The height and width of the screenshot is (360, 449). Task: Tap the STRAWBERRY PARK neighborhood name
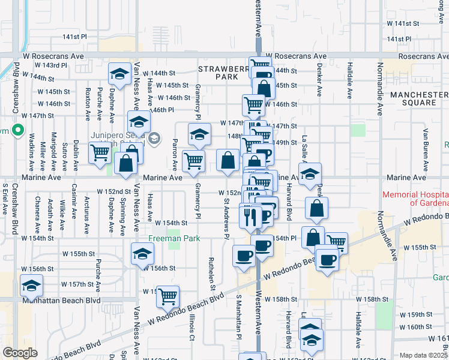(x=221, y=73)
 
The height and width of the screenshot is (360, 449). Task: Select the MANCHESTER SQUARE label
(x=412, y=98)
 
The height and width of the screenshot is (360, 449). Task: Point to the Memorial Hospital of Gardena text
(x=415, y=199)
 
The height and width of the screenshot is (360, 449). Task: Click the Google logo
(x=19, y=352)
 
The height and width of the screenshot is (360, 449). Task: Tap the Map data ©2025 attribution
(x=424, y=355)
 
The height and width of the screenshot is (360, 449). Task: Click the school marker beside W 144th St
(x=119, y=74)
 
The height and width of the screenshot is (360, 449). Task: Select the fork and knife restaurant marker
(x=250, y=214)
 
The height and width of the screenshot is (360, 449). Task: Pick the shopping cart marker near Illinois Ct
(x=167, y=295)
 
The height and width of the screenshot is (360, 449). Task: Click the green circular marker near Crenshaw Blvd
(x=18, y=129)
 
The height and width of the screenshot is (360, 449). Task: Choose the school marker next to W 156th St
(x=142, y=254)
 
